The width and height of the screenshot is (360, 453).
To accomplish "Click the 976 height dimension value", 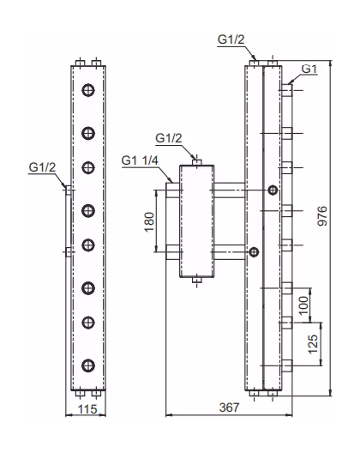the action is pos(322,216).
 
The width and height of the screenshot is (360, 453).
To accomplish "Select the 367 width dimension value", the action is pos(229,408).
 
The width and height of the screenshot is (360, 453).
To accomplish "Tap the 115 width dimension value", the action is pos(87,409).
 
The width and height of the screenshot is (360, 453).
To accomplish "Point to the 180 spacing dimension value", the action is pos(149,222).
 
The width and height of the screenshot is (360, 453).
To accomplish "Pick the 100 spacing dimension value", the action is pos(303,305).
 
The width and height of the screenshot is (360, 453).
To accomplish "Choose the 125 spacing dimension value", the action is pos(313,344).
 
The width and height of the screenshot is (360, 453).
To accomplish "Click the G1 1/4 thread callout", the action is pos(140,160).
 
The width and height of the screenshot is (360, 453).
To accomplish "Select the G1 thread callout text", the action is pos(309,69).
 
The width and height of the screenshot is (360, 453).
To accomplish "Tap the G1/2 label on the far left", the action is pos(42,167).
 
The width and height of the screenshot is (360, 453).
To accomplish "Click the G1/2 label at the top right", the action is pos(231,39).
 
